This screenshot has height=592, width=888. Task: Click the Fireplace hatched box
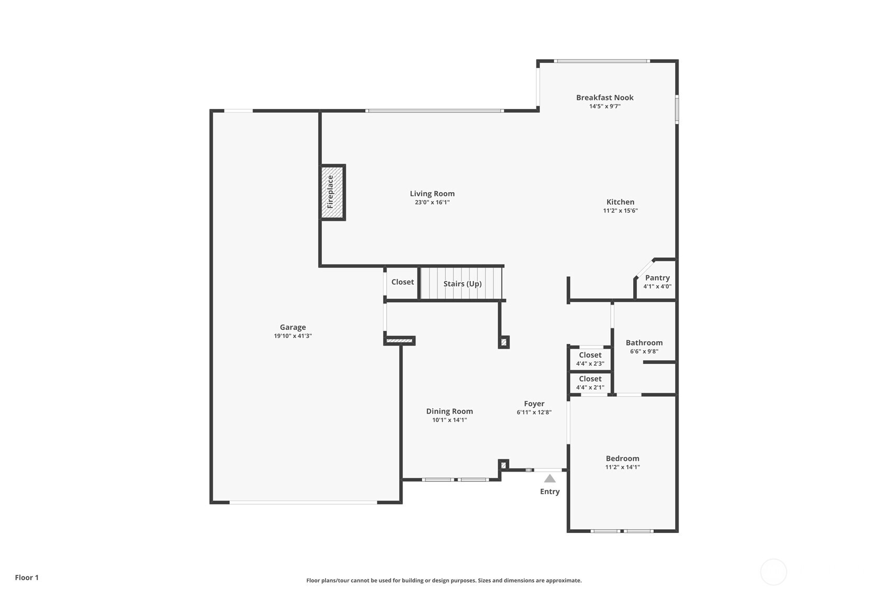[x=332, y=192]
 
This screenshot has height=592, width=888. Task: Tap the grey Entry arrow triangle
[x=549, y=478]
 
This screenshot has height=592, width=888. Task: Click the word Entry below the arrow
[x=550, y=492]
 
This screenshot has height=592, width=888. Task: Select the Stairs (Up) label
[x=462, y=284]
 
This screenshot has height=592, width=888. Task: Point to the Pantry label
[x=657, y=277]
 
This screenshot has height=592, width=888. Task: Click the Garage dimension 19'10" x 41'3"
[x=293, y=336]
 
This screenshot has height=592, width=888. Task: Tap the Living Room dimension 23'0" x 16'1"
[x=432, y=202]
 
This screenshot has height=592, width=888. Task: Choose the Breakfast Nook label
[x=604, y=97]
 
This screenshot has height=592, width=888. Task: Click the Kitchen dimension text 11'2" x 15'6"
[x=621, y=210]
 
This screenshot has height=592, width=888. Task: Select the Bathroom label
[x=644, y=343]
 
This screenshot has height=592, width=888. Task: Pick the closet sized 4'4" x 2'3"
[x=590, y=359]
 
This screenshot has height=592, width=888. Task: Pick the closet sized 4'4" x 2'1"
[x=590, y=383]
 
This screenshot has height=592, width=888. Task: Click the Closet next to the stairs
[x=402, y=282]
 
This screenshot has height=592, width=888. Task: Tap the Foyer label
[x=534, y=404]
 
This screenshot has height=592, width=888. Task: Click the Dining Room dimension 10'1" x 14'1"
[x=449, y=420]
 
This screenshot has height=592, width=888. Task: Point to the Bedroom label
[x=622, y=459]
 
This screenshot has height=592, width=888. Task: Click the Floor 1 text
[x=27, y=577]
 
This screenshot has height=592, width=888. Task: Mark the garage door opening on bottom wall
[x=304, y=502]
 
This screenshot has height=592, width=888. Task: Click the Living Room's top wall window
[x=434, y=110]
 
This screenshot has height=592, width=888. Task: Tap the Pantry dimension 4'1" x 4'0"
[x=657, y=286]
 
